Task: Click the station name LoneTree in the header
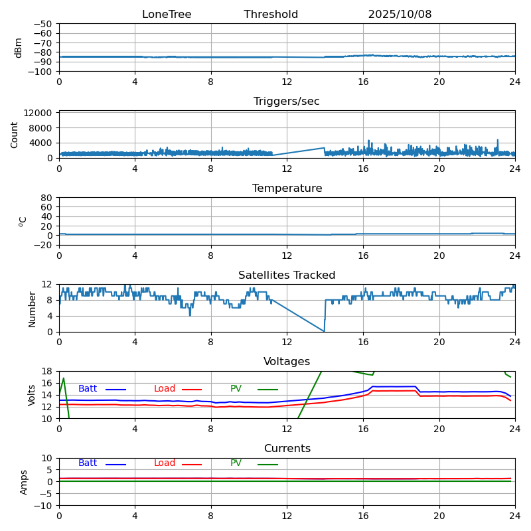(167, 15)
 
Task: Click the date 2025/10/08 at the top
(400, 15)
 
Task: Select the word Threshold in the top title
(271, 15)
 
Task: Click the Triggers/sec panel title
(287, 102)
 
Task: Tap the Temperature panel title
(287, 189)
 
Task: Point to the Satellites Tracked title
(287, 275)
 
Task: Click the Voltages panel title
(287, 362)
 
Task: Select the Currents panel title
(287, 449)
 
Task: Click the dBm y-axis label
(19, 47)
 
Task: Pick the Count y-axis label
(15, 134)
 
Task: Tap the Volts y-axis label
(32, 395)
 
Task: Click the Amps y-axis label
(24, 482)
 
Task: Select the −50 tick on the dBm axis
(43, 24)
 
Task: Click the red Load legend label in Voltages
(165, 389)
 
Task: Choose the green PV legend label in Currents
(236, 463)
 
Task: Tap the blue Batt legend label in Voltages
(88, 389)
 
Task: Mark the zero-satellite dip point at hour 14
(325, 331)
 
